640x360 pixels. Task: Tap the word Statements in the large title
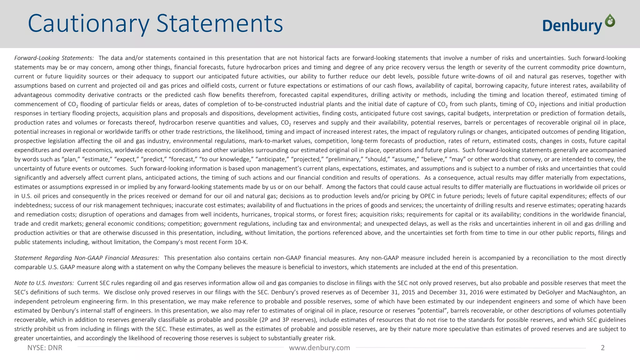(219, 24)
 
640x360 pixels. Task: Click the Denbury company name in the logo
(572, 26)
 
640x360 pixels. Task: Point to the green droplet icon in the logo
(610, 21)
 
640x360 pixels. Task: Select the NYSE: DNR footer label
(45, 348)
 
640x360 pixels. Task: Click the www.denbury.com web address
(319, 348)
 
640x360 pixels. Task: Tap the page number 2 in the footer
(603, 348)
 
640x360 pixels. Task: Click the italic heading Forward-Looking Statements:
(54, 58)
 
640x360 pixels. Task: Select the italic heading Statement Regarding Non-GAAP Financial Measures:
(87, 258)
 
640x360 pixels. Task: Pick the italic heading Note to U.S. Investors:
(44, 283)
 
